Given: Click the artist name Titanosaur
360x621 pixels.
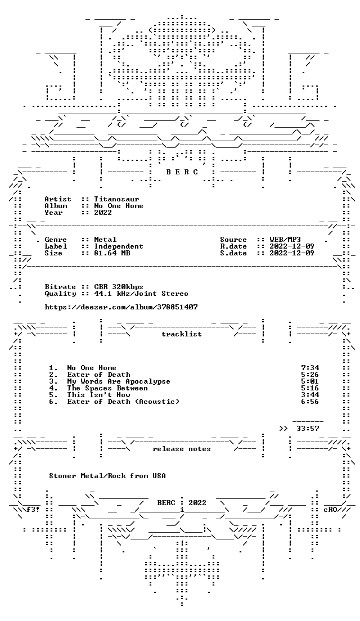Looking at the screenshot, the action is [x=116, y=199].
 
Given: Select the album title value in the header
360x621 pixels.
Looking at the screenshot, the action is [x=119, y=206].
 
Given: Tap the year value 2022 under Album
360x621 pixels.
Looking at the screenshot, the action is [x=103, y=213].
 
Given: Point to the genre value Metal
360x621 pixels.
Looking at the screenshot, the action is [x=105, y=240].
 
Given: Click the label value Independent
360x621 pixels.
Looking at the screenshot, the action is [x=119, y=246].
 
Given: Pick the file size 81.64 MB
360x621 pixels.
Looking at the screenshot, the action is [x=112, y=253].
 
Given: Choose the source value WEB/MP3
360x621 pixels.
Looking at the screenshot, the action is [x=285, y=240].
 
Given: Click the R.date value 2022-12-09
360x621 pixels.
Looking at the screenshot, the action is [x=292, y=246].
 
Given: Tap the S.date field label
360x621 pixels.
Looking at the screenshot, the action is [x=233, y=253].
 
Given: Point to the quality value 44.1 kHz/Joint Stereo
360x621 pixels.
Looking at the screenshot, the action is [x=141, y=294].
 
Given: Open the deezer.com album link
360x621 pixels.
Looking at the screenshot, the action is [x=121, y=307].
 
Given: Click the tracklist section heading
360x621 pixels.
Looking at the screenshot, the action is [x=181, y=334].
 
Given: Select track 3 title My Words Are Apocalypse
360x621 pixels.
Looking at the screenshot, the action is [x=119, y=381].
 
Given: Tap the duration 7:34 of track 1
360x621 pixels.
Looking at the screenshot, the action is [x=310, y=368].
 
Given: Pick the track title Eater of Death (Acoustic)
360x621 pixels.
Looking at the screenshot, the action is [x=123, y=402].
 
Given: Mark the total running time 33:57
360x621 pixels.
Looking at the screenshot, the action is [x=308, y=429].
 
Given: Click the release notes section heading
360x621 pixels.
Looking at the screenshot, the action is [x=181, y=449].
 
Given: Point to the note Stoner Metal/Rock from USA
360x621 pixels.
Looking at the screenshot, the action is [x=107, y=476].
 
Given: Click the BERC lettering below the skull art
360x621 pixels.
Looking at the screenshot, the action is [x=182, y=172].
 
